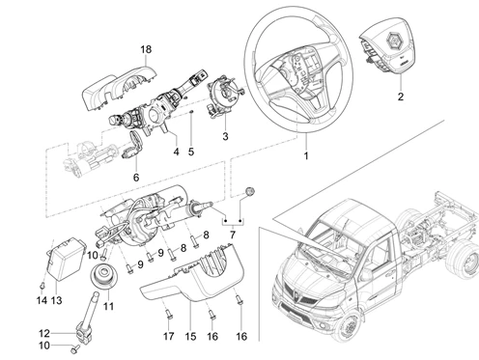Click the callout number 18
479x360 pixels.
pyautogui.click(x=146, y=49)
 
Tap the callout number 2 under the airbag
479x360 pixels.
pyautogui.click(x=401, y=97)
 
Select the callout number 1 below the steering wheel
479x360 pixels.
pyautogui.click(x=306, y=155)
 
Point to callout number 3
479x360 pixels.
pyautogui.click(x=225, y=136)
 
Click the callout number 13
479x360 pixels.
pyautogui.click(x=56, y=300)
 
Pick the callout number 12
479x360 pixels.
pyautogui.click(x=44, y=333)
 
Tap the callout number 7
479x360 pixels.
pyautogui.click(x=233, y=235)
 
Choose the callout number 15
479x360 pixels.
pyautogui.click(x=190, y=337)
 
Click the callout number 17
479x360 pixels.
pyautogui.click(x=168, y=337)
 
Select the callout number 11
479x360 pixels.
pyautogui.click(x=108, y=306)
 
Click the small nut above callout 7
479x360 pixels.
pyautogui.click(x=250, y=191)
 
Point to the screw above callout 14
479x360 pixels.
pyautogui.click(x=42, y=285)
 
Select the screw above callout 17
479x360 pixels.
pyautogui.click(x=168, y=314)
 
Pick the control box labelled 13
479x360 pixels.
pyautogui.click(x=66, y=259)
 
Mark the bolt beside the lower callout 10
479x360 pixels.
pyautogui.click(x=75, y=349)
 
